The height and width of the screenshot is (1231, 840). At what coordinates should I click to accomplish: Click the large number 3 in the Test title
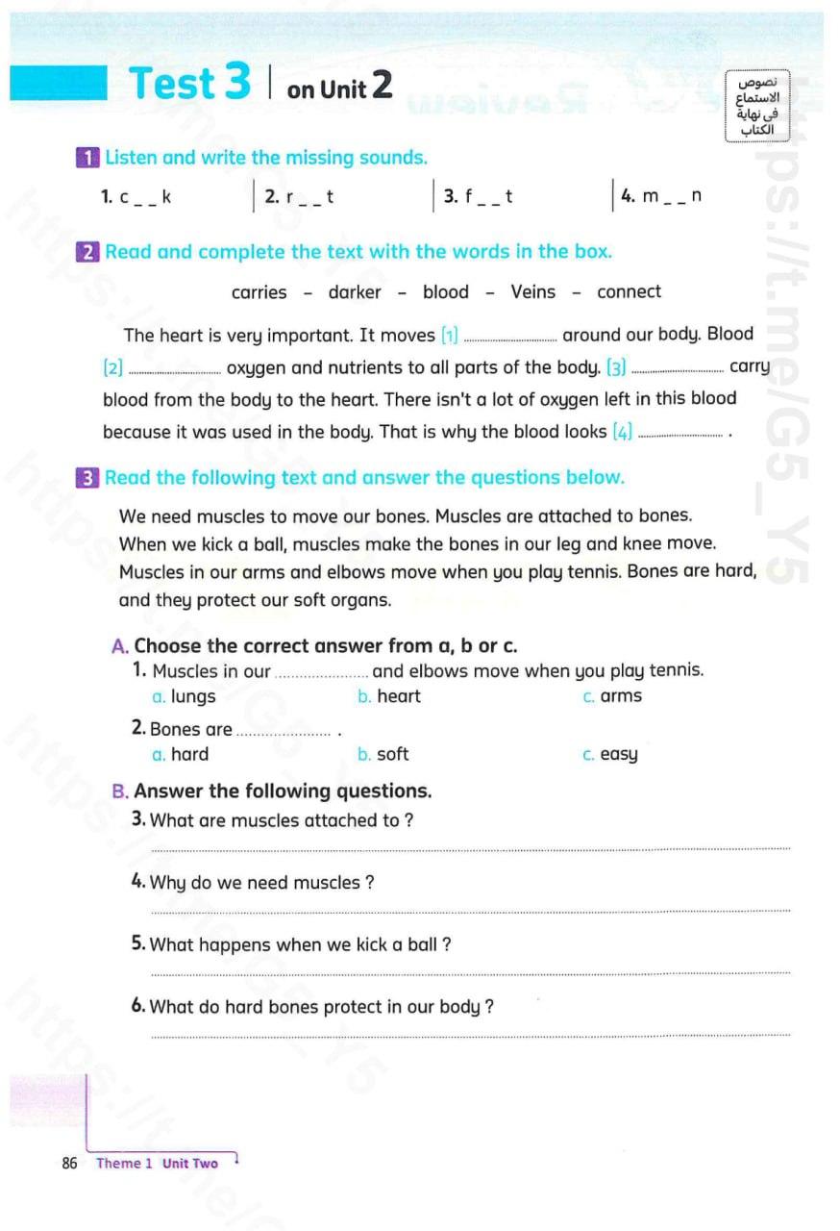click(237, 83)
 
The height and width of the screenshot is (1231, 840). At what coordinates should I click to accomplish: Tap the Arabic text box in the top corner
click(756, 106)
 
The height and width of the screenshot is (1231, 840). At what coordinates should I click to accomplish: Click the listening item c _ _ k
click(136, 197)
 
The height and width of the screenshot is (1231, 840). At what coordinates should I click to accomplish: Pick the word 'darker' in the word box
click(355, 292)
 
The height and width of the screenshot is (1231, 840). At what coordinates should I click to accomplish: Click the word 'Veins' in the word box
click(532, 292)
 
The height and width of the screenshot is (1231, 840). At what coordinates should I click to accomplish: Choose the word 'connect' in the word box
click(629, 292)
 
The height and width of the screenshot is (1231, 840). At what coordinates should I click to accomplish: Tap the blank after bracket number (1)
click(509, 338)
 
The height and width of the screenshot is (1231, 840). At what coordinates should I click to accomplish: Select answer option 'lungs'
click(192, 697)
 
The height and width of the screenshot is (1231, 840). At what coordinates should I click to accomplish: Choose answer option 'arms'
click(620, 696)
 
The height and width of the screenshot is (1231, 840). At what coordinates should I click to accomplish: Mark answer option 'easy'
click(618, 755)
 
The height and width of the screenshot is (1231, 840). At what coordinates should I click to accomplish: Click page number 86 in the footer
click(69, 1164)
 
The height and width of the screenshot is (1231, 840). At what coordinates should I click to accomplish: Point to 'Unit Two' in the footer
click(190, 1164)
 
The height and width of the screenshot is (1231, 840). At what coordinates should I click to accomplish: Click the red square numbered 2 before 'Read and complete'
click(87, 253)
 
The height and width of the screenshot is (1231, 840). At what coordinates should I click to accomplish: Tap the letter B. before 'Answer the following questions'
click(120, 791)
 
